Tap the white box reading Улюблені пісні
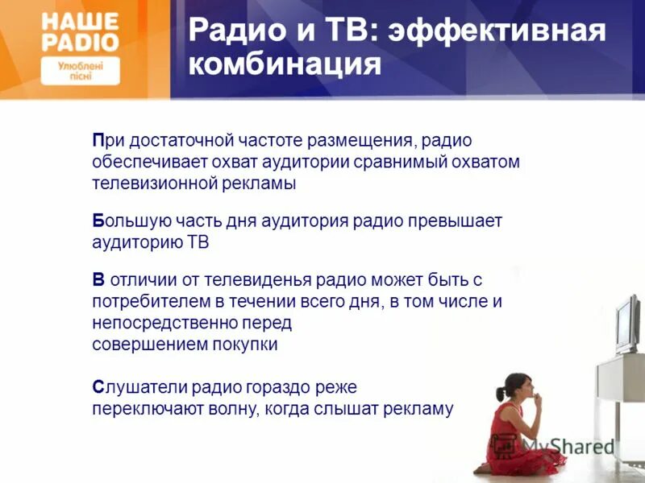pos(79,70)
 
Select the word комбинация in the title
pos(285,64)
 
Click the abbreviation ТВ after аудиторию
pos(198,242)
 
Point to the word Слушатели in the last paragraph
pos(134,387)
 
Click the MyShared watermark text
pos(568,445)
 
